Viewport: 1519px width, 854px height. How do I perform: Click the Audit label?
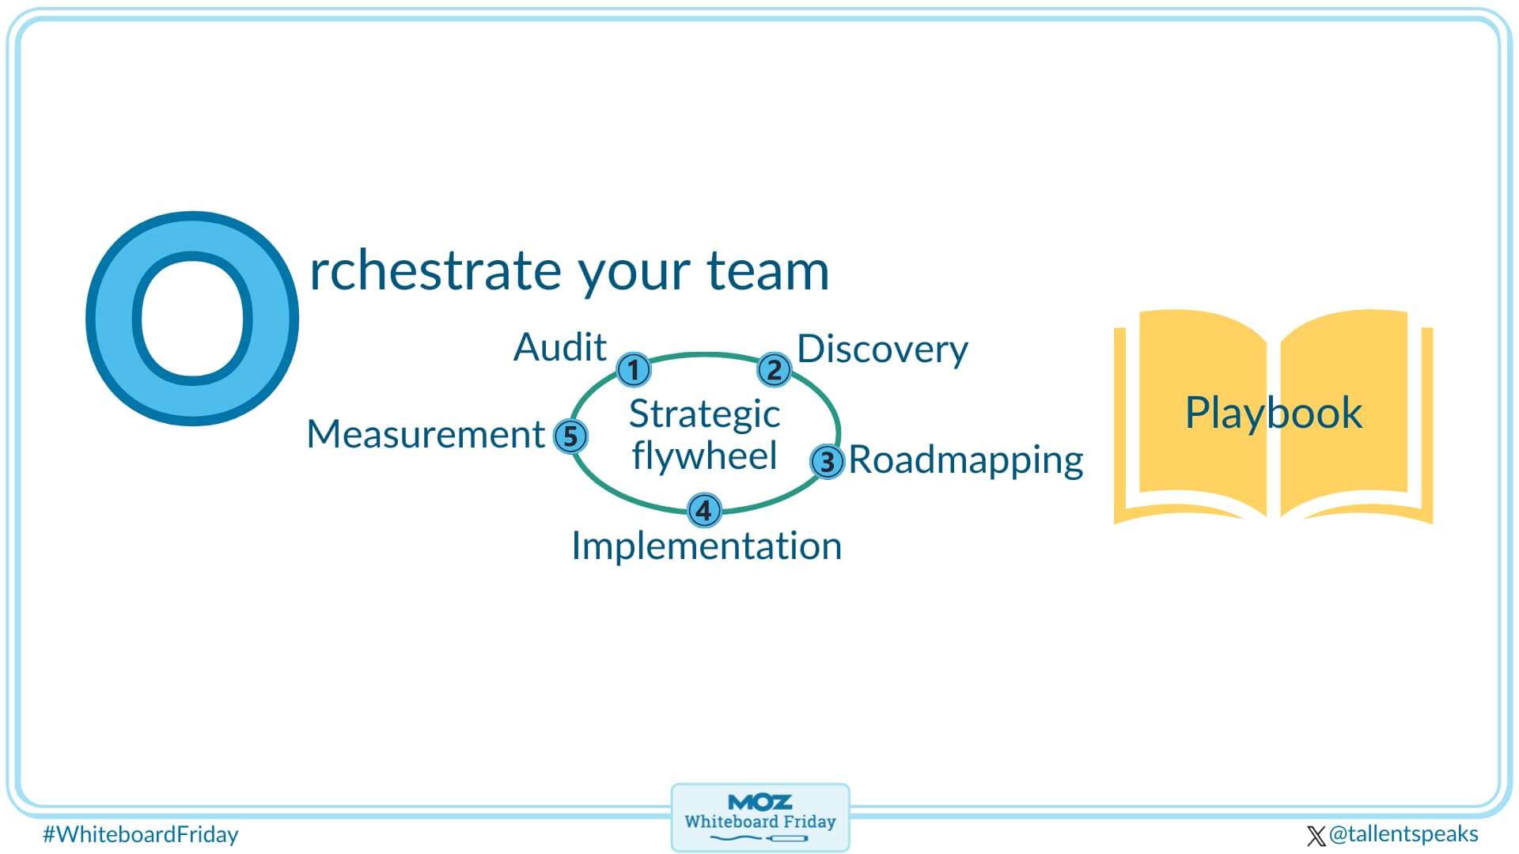pyautogui.click(x=559, y=347)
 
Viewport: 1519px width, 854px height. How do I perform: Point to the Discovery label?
pyautogui.click(x=882, y=349)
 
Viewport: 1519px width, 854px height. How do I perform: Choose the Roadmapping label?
pyautogui.click(x=965, y=460)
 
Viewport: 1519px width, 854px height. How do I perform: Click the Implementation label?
pyautogui.click(x=706, y=546)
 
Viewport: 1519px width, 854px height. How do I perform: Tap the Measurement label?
pyautogui.click(x=426, y=434)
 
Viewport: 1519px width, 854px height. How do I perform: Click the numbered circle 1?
pyautogui.click(x=633, y=369)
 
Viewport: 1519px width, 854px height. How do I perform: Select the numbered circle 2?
pyautogui.click(x=774, y=369)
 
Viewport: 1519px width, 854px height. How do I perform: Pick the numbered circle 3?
pyautogui.click(x=827, y=461)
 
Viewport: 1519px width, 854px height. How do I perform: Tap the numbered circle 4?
pyautogui.click(x=703, y=510)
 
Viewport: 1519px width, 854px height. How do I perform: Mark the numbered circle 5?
pyautogui.click(x=570, y=436)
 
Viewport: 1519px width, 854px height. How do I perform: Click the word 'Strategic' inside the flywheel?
pyautogui.click(x=704, y=414)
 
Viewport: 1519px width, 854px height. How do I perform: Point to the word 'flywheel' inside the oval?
pyautogui.click(x=704, y=456)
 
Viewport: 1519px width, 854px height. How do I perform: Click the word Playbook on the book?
pyautogui.click(x=1273, y=413)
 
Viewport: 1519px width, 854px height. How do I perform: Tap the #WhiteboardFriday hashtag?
pyautogui.click(x=141, y=834)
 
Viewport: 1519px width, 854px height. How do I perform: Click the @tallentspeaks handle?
pyautogui.click(x=1403, y=833)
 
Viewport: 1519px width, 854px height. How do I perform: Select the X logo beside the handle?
pyautogui.click(x=1316, y=836)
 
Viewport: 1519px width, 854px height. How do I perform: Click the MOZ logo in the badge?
pyautogui.click(x=759, y=803)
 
